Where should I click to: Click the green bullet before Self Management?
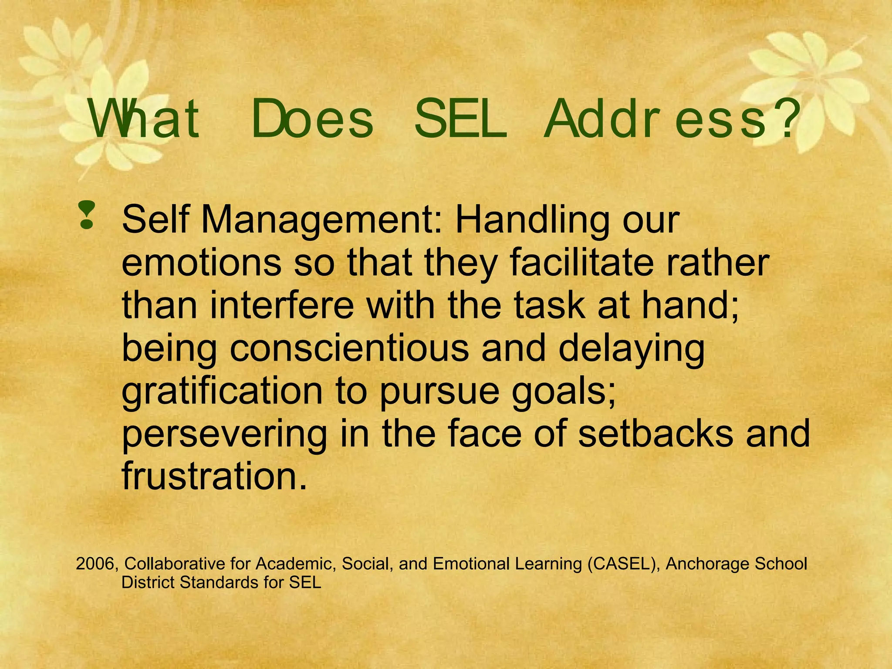[x=87, y=215]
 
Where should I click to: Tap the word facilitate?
[x=582, y=263]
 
